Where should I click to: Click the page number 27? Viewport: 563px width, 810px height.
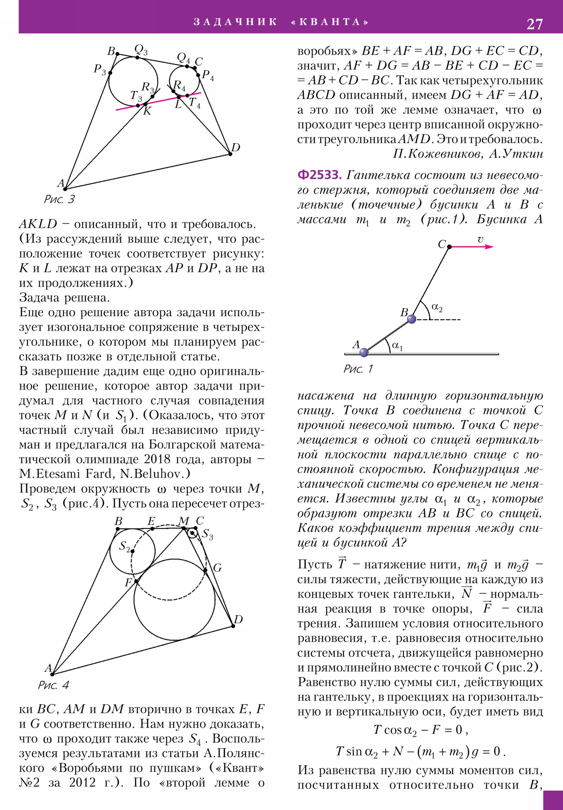pyautogui.click(x=534, y=24)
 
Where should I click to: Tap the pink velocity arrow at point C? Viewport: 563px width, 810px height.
pyautogui.click(x=473, y=247)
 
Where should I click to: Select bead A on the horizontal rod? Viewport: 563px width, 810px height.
pyautogui.click(x=364, y=352)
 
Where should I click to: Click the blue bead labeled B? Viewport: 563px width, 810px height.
pyautogui.click(x=411, y=319)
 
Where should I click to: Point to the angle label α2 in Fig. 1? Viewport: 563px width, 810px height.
pyautogui.click(x=437, y=308)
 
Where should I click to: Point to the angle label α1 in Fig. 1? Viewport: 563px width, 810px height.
pyautogui.click(x=397, y=346)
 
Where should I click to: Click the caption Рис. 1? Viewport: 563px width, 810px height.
pyautogui.click(x=358, y=369)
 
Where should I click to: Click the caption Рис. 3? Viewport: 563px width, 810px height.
pyautogui.click(x=59, y=199)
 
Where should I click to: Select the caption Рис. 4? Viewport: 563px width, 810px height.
pyautogui.click(x=53, y=685)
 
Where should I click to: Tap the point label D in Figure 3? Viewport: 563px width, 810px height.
pyautogui.click(x=235, y=148)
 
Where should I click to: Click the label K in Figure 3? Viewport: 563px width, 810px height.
pyautogui.click(x=147, y=112)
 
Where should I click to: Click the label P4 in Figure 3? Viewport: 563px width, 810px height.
pyautogui.click(x=208, y=75)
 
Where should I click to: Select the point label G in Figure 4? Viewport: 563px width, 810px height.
pyautogui.click(x=217, y=568)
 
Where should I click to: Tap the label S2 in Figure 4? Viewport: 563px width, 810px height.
pyautogui.click(x=125, y=546)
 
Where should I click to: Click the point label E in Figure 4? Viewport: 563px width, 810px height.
pyautogui.click(x=151, y=521)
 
